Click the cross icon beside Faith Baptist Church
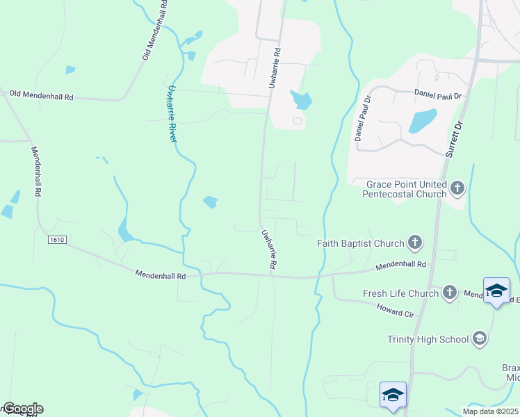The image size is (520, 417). tap(415, 243)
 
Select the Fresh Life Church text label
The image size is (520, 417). tap(400, 293)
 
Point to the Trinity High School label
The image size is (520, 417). tap(428, 339)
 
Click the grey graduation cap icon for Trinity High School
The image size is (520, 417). tap(478, 338)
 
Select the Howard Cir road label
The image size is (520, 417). tap(396, 311)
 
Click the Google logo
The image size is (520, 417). tap(22, 409)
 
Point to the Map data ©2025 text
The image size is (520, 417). tap(491, 411)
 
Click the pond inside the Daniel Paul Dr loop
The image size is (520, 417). tap(423, 120)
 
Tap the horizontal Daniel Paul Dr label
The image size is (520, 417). tap(438, 93)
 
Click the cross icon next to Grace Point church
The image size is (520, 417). tap(457, 188)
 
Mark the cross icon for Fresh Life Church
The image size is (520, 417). tap(450, 293)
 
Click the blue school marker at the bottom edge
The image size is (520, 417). tap(393, 396)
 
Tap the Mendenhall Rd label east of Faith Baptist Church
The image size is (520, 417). tap(400, 265)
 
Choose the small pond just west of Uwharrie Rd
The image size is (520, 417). tap(210, 202)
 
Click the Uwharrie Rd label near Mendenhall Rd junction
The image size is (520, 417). tap(269, 250)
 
